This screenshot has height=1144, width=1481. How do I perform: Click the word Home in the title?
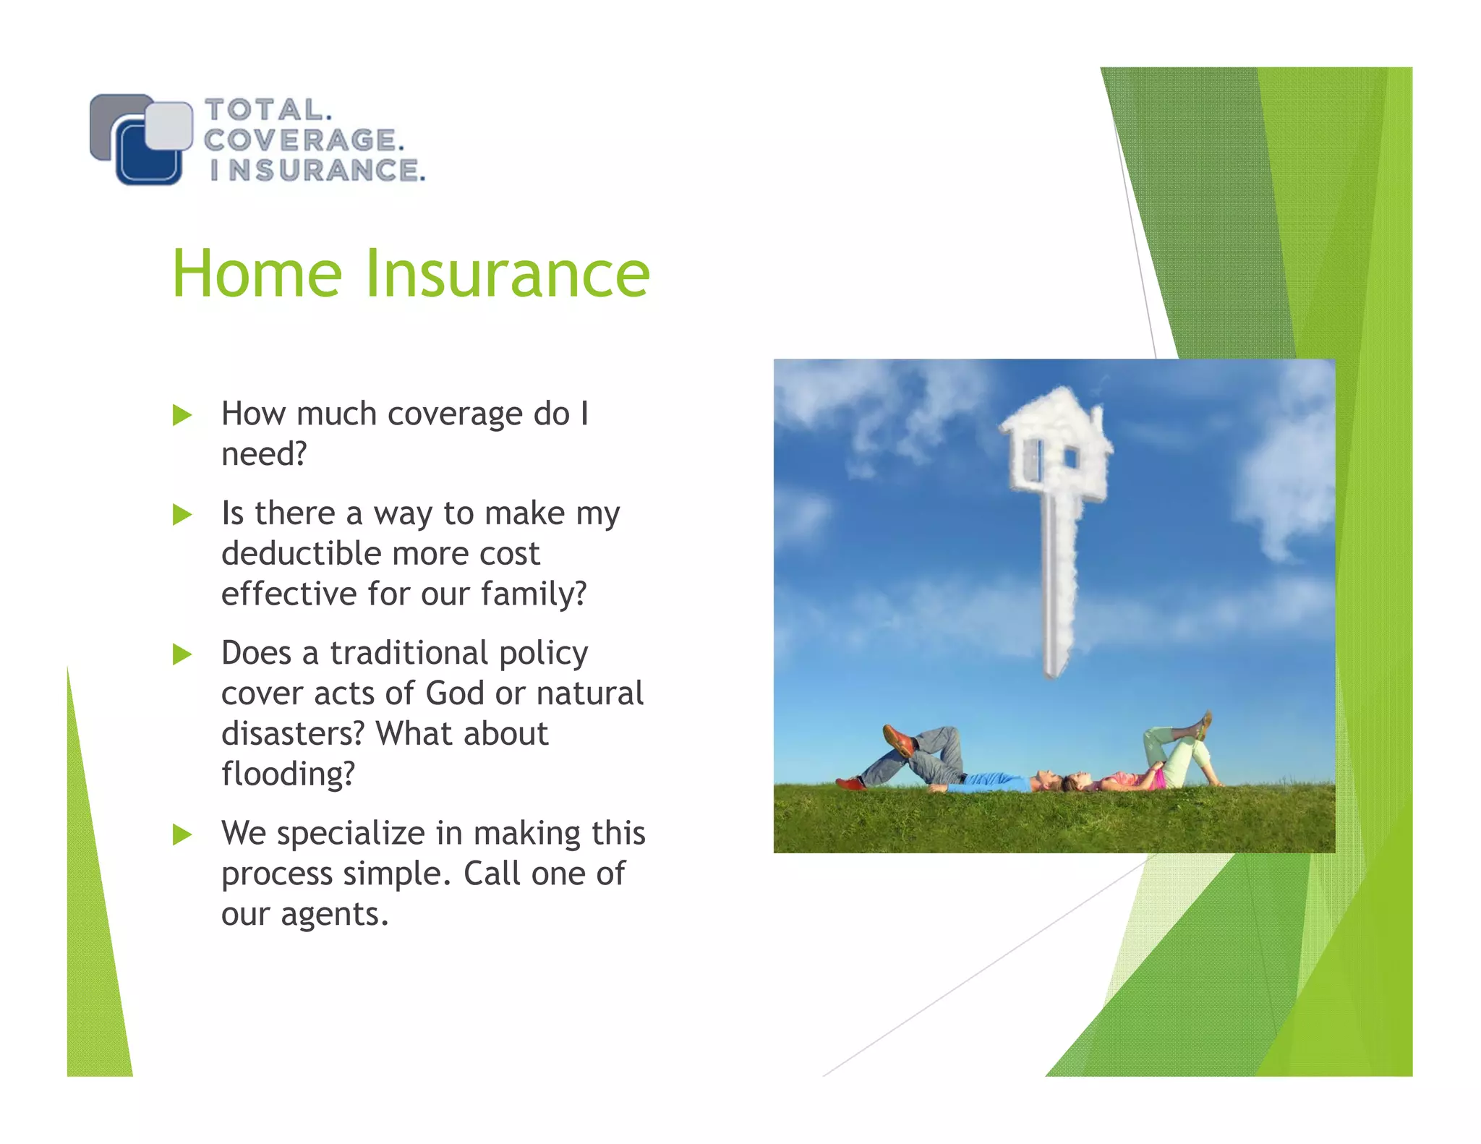(x=257, y=274)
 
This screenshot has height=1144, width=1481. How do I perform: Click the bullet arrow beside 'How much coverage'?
(x=182, y=415)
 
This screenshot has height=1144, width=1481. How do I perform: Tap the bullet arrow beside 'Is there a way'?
(x=182, y=515)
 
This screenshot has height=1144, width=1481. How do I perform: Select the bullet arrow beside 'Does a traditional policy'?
(x=182, y=654)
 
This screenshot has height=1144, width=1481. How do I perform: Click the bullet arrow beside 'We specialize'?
(x=182, y=834)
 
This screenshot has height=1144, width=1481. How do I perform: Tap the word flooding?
(x=288, y=774)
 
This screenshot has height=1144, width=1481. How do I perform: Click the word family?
(x=534, y=594)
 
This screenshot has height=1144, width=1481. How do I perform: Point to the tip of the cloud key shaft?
(x=1053, y=673)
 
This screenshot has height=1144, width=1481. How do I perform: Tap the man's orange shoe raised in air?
(x=898, y=740)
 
